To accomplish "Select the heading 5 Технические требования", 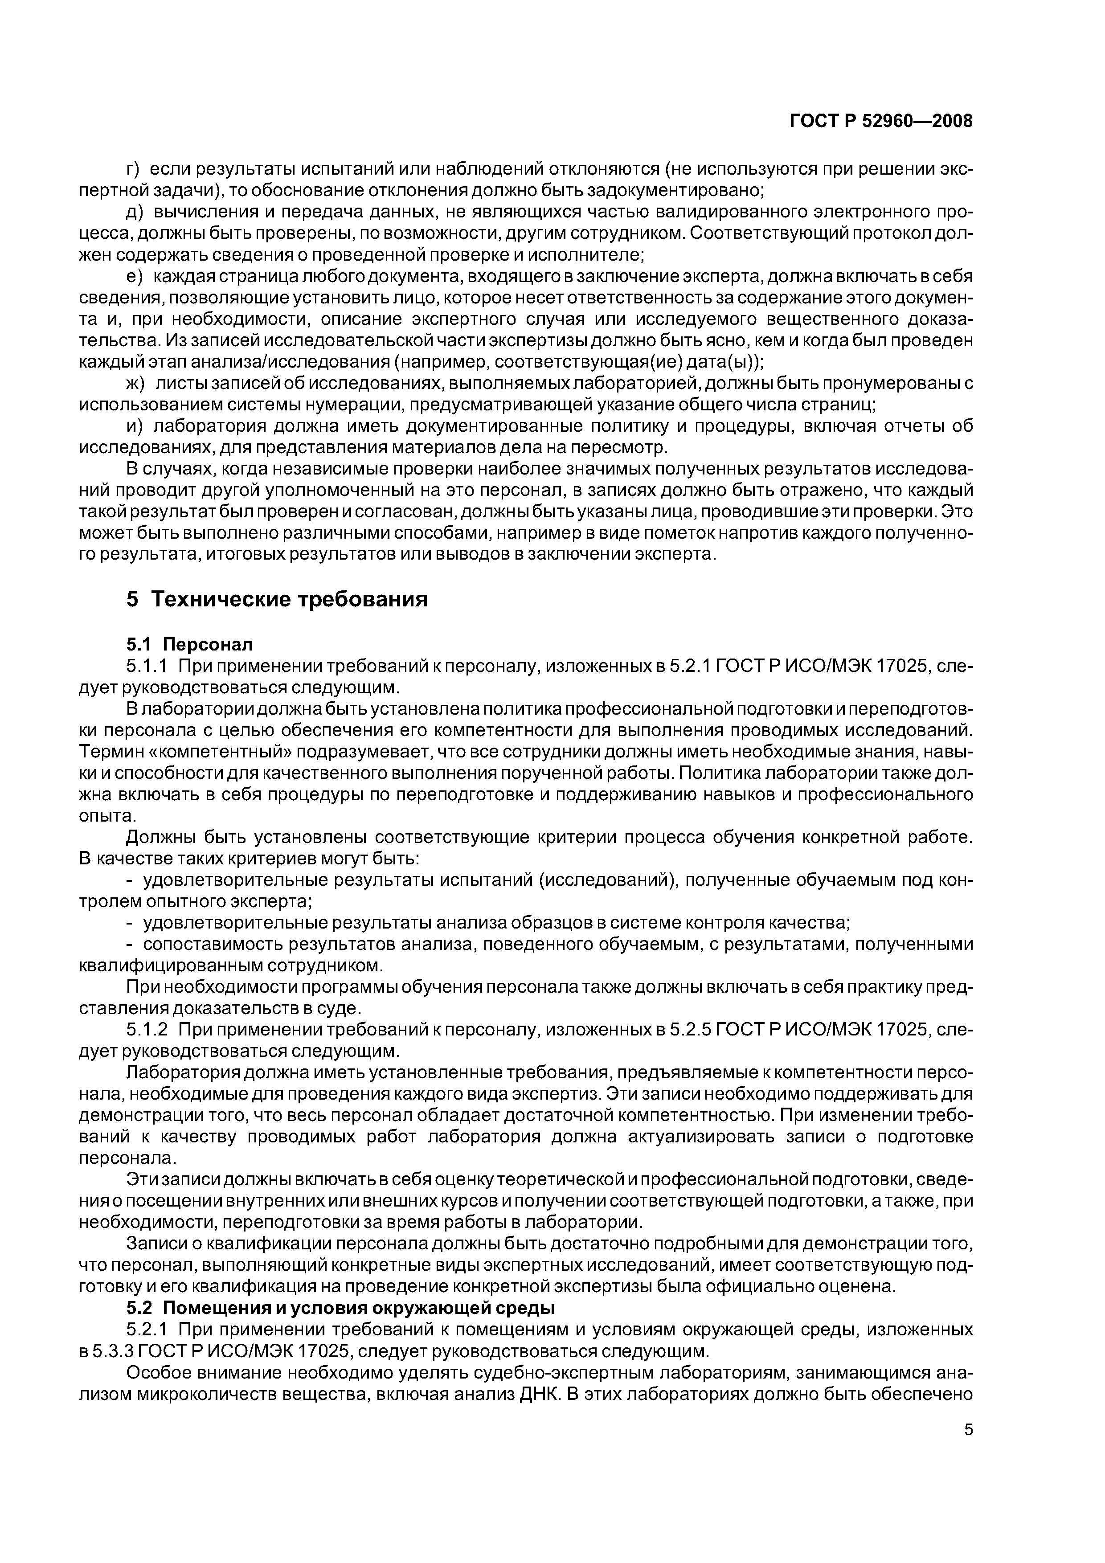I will point(277,599).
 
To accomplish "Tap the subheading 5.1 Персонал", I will point(189,644).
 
